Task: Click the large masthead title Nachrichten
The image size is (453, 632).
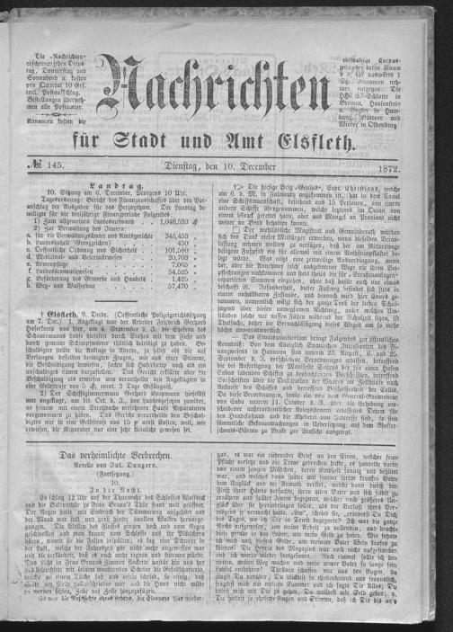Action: (228, 100)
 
